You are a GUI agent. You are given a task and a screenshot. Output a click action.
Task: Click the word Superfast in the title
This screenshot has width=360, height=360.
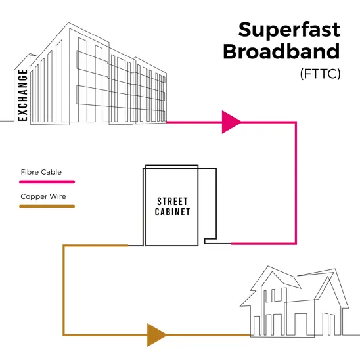tap(289, 30)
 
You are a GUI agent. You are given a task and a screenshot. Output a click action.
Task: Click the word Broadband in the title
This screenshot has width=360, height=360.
tap(282, 53)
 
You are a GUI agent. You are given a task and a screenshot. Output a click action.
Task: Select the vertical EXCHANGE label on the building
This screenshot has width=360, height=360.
tap(24, 95)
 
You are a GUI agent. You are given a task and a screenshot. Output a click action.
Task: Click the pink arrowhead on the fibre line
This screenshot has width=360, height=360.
tap(231, 122)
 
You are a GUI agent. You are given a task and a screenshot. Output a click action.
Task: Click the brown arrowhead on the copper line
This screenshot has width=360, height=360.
tap(156, 334)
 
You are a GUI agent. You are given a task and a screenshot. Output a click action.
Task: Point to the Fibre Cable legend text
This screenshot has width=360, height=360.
tap(41, 172)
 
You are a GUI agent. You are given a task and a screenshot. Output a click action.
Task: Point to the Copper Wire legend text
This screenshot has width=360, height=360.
tap(43, 196)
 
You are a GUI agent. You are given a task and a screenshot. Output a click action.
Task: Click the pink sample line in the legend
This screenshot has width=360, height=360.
tap(47, 181)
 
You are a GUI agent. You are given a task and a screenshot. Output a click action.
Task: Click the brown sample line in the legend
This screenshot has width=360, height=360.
tap(47, 206)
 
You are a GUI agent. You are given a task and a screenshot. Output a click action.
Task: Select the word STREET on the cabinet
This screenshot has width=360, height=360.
tap(173, 201)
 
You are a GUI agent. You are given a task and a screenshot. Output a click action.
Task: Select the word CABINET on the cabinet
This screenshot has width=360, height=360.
tap(173, 212)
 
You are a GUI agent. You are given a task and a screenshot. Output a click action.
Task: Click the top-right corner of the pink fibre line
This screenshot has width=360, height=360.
tap(296, 123)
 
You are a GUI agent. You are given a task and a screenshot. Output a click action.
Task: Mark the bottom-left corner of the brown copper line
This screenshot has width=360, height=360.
tap(64, 334)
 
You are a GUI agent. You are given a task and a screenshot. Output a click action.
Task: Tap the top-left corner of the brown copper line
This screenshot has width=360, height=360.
tap(64, 246)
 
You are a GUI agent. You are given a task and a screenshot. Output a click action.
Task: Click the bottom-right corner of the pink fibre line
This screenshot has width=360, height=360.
tap(296, 243)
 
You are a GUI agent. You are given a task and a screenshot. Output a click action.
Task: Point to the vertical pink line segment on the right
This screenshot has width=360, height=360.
tap(296, 184)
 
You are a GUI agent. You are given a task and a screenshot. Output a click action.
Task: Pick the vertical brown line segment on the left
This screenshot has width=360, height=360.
tap(64, 289)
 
